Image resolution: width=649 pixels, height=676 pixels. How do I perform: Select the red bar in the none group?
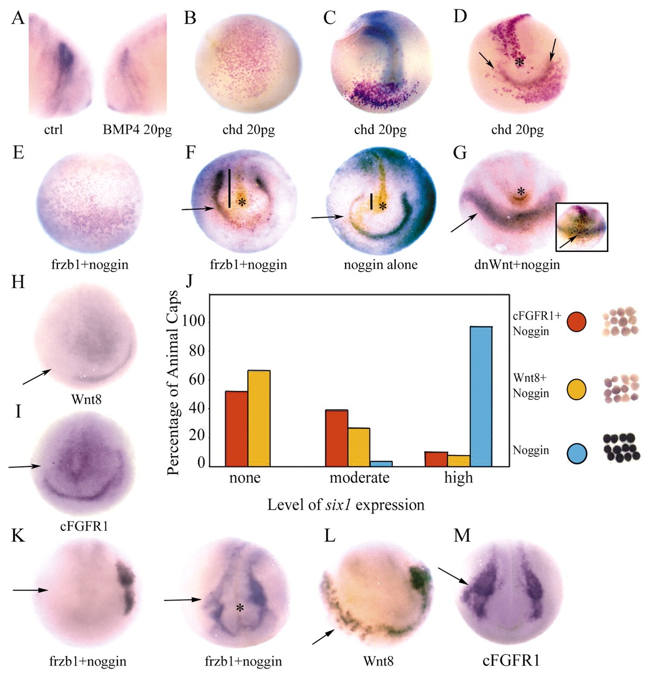[x=237, y=428]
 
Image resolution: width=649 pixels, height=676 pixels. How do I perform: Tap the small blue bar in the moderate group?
[x=381, y=463]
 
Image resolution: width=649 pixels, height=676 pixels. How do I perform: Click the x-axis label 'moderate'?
[x=359, y=478]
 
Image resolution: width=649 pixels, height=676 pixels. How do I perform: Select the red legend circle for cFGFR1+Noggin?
[x=577, y=322]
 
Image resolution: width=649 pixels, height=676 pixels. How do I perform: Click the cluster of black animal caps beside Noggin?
[x=622, y=447]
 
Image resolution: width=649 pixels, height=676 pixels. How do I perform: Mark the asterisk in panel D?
[x=520, y=62]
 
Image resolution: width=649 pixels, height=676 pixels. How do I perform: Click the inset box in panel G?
[x=581, y=227]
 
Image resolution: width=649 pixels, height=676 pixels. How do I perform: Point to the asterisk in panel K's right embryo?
[x=240, y=608]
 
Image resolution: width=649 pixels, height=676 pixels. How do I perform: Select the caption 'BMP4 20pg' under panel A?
[x=137, y=129]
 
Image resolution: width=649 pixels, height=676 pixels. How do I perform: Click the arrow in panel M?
[x=453, y=576]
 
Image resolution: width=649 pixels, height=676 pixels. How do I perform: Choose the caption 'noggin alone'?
[x=381, y=264]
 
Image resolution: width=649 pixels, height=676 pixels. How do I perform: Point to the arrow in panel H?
[x=36, y=377]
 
